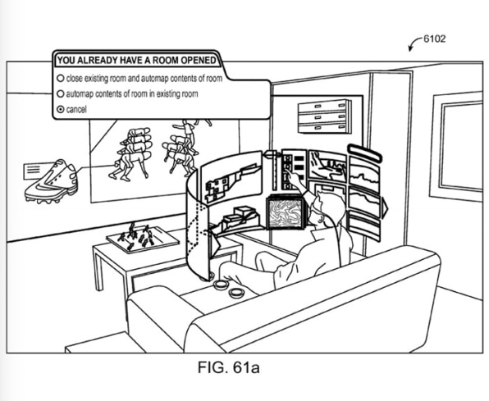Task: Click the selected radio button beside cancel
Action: coord(61,109)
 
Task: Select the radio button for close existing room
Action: coord(61,78)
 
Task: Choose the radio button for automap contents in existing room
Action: coord(61,93)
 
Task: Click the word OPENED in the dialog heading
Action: coord(198,60)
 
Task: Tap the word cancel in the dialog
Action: coord(76,109)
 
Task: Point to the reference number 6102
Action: coord(434,39)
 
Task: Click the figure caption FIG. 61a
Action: coord(229,367)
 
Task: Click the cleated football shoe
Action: coord(51,182)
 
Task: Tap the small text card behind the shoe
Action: coord(35,171)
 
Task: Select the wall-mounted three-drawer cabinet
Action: coord(324,116)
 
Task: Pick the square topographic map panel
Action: coord(286,213)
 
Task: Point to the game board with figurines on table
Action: coord(143,239)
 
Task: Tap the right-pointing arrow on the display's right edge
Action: coord(384,207)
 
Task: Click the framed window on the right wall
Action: coord(459,147)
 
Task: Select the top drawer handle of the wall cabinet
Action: coord(318,107)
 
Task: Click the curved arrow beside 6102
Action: coord(414,43)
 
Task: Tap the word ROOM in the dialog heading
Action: coord(167,60)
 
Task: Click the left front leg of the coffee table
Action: coord(98,270)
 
